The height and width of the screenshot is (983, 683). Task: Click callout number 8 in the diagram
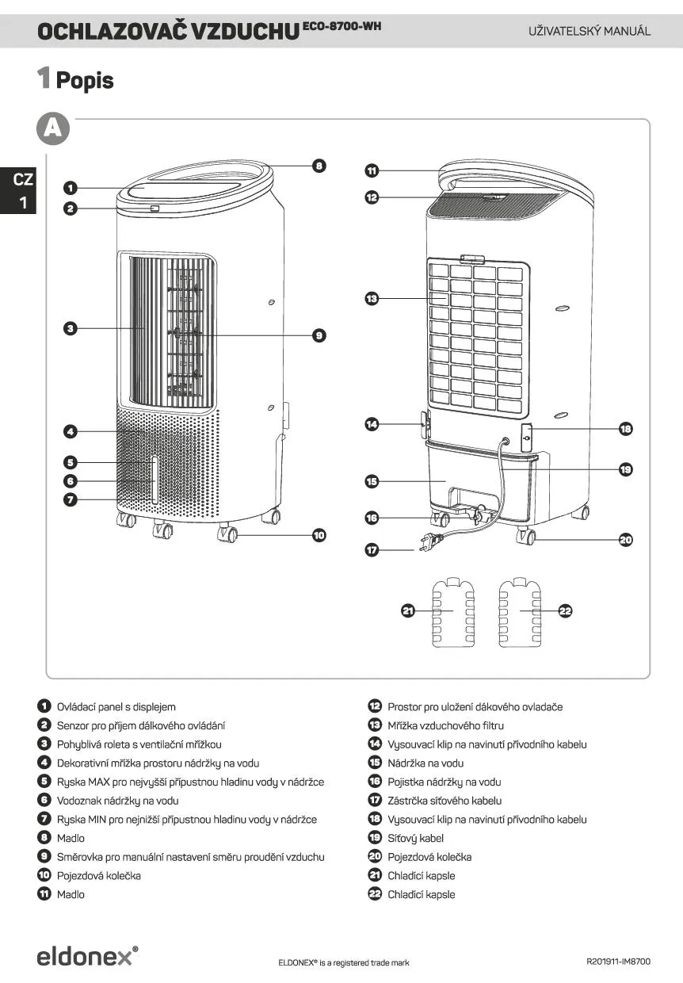point(319,166)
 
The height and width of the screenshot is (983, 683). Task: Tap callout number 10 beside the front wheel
point(319,536)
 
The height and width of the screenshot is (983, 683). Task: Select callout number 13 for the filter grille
point(372,299)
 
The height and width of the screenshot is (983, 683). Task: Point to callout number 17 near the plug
point(372,549)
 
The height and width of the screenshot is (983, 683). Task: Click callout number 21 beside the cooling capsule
point(409,610)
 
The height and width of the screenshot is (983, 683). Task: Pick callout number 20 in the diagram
point(626,540)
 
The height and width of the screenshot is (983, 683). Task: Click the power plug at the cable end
point(426,544)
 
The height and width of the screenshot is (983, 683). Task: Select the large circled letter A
point(53,129)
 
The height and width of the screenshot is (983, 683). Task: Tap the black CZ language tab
point(23,190)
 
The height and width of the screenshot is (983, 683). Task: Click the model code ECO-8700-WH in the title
point(342,27)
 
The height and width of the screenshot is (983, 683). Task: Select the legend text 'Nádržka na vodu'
point(425,763)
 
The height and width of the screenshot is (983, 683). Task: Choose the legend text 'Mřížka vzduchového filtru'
point(445,725)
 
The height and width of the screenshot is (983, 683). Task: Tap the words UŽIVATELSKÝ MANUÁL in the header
point(590,32)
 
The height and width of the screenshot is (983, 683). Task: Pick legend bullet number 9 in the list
point(44,857)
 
